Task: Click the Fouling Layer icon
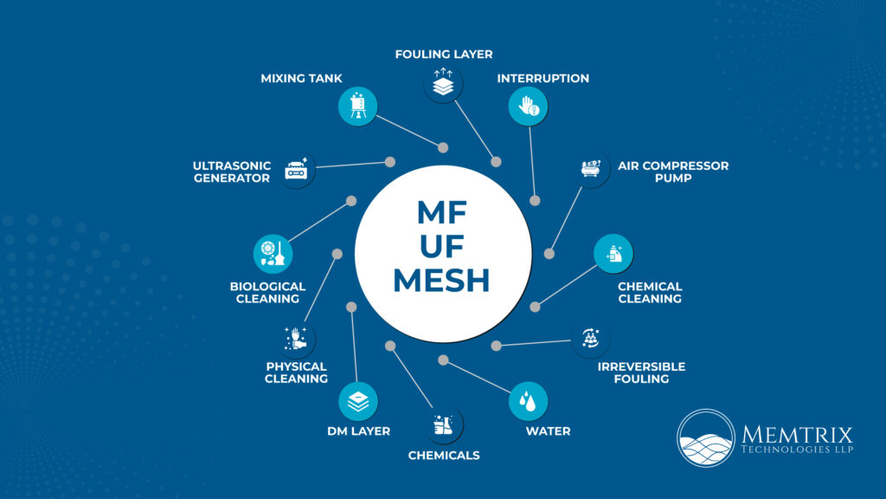point(443,84)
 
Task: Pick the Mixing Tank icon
point(357,107)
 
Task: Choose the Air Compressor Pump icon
point(592,169)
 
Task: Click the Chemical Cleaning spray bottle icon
point(613,254)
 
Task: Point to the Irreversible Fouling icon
point(591,340)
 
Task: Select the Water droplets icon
point(527,401)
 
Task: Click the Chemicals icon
point(443,424)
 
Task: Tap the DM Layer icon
point(357,401)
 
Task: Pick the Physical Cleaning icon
point(296,339)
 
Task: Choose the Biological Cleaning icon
point(273,254)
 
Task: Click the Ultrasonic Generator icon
point(296,169)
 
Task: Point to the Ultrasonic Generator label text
point(232,172)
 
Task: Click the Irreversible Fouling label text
point(641,373)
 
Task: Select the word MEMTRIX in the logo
point(797,434)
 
